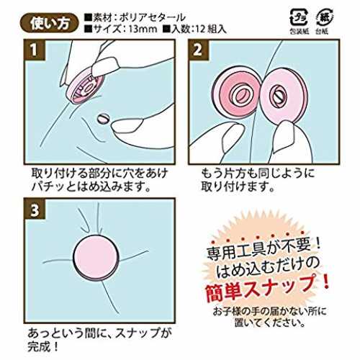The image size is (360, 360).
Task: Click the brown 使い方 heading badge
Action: [x=49, y=24]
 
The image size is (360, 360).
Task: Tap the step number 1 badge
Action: [x=35, y=50]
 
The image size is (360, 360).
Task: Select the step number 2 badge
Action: [x=198, y=50]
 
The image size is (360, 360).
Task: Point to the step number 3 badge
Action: [x=35, y=210]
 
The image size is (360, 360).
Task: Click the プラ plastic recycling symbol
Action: [x=299, y=17]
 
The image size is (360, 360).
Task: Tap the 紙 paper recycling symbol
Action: [x=323, y=17]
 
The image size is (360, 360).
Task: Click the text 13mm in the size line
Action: [x=143, y=30]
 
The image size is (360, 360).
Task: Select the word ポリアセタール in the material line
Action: [x=152, y=17]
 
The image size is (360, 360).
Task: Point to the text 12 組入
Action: [x=211, y=30]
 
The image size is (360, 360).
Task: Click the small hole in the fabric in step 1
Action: [x=104, y=118]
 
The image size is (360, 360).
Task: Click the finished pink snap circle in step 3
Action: [x=96, y=258]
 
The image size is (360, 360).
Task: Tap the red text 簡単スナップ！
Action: [x=267, y=289]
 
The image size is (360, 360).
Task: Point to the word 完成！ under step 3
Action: [x=42, y=346]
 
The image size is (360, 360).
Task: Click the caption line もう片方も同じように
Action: [x=258, y=174]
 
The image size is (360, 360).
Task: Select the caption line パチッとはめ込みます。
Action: [x=91, y=186]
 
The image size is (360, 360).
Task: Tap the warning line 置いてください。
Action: [x=270, y=323]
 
